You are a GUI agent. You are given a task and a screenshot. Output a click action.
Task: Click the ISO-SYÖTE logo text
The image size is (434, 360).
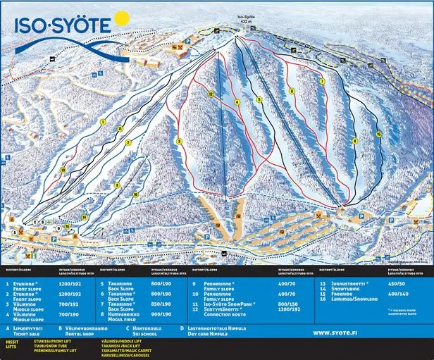(62, 26)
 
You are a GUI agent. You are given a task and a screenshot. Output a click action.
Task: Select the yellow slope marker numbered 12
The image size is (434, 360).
(211, 93)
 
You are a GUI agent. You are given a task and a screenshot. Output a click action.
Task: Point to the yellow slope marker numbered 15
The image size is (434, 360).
(378, 133)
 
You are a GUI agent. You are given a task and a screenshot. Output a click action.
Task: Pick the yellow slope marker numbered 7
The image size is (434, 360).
(321, 82)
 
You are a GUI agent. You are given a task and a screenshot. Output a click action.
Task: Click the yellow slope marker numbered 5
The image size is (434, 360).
(259, 100)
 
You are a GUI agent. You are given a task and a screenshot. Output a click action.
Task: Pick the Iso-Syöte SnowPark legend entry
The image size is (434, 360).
(229, 304)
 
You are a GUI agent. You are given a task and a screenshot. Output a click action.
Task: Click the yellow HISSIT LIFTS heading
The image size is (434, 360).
(13, 345)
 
